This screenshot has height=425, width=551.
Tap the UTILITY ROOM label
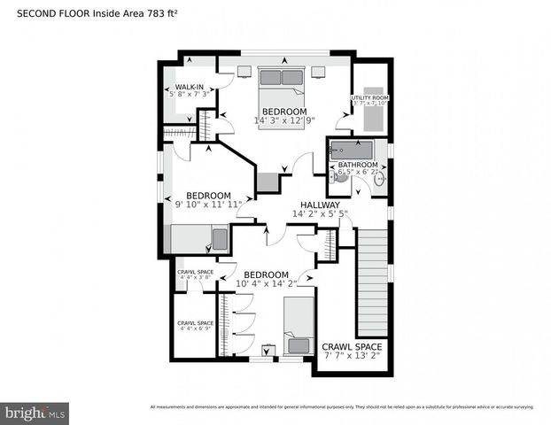click(x=370, y=97)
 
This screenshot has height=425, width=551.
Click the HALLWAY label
click(x=318, y=204)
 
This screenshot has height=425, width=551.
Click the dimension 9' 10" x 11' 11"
click(x=208, y=205)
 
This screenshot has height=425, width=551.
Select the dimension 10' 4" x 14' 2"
click(x=267, y=284)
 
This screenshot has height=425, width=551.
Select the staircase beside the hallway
click(x=371, y=277)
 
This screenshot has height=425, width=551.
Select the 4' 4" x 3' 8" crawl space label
click(x=195, y=274)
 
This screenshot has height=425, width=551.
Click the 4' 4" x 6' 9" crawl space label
click(x=195, y=325)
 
